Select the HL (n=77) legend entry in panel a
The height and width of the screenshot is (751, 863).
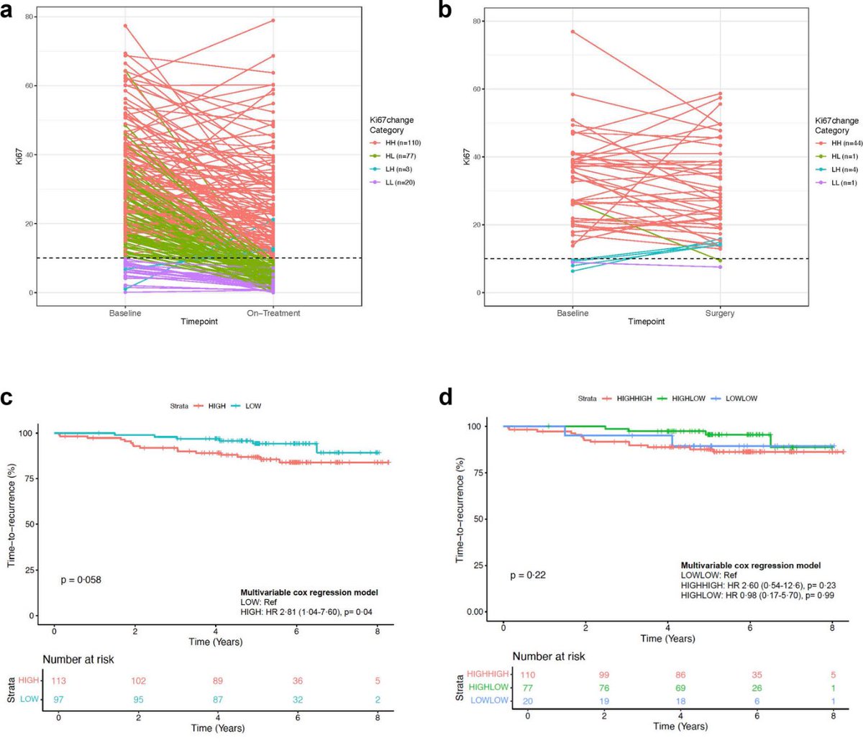point(400,156)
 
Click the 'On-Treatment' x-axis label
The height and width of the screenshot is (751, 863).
point(273,313)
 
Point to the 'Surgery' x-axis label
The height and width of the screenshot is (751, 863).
point(720,313)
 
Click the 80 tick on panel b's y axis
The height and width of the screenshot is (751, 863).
point(475,22)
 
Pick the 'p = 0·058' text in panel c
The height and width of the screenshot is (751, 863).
point(80,579)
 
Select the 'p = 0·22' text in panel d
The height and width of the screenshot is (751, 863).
point(527,575)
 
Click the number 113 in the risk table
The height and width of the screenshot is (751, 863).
point(59,681)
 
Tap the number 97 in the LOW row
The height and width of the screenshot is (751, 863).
point(59,699)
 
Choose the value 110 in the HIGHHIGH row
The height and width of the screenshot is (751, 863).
point(528,675)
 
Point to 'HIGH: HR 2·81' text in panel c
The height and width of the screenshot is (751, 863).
point(306,611)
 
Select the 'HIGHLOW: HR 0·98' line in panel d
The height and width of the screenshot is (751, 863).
point(757,596)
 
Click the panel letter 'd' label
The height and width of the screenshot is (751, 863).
point(446,396)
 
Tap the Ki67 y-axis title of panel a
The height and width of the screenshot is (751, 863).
point(19,158)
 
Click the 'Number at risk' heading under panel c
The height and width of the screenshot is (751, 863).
point(78,659)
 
